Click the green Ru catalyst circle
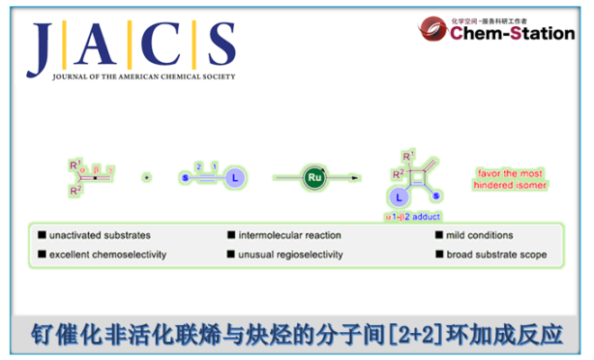(x=313, y=177)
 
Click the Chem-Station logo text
(x=512, y=34)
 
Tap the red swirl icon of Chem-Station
(x=433, y=30)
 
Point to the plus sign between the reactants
(x=146, y=177)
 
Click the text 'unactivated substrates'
(x=100, y=236)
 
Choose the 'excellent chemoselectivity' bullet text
(x=108, y=255)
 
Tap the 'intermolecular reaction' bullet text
(x=290, y=236)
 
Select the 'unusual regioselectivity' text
(x=291, y=255)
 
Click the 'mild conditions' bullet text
(x=480, y=236)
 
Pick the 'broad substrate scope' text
(x=496, y=255)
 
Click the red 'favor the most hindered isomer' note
(x=509, y=178)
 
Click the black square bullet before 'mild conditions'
(x=438, y=236)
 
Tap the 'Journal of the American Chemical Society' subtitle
(x=131, y=76)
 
